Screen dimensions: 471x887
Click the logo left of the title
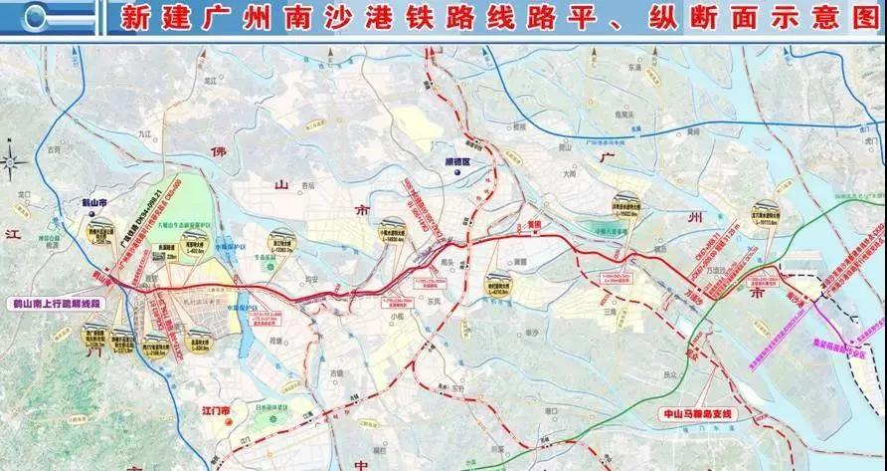(x=52, y=17)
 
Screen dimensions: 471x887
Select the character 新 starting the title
(x=132, y=18)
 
